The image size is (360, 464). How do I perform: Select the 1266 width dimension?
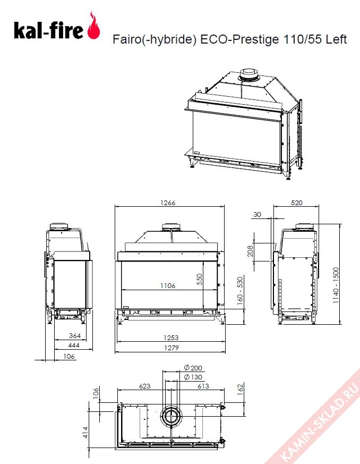168,203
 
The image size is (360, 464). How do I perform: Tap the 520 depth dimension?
296,203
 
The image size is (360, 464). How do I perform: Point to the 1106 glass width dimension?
168,285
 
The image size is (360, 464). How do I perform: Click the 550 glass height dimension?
200,280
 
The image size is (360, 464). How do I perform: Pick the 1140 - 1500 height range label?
336,285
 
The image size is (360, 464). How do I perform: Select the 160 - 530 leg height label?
240,291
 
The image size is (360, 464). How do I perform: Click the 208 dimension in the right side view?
250,251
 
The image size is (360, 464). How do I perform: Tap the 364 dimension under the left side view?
75,335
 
